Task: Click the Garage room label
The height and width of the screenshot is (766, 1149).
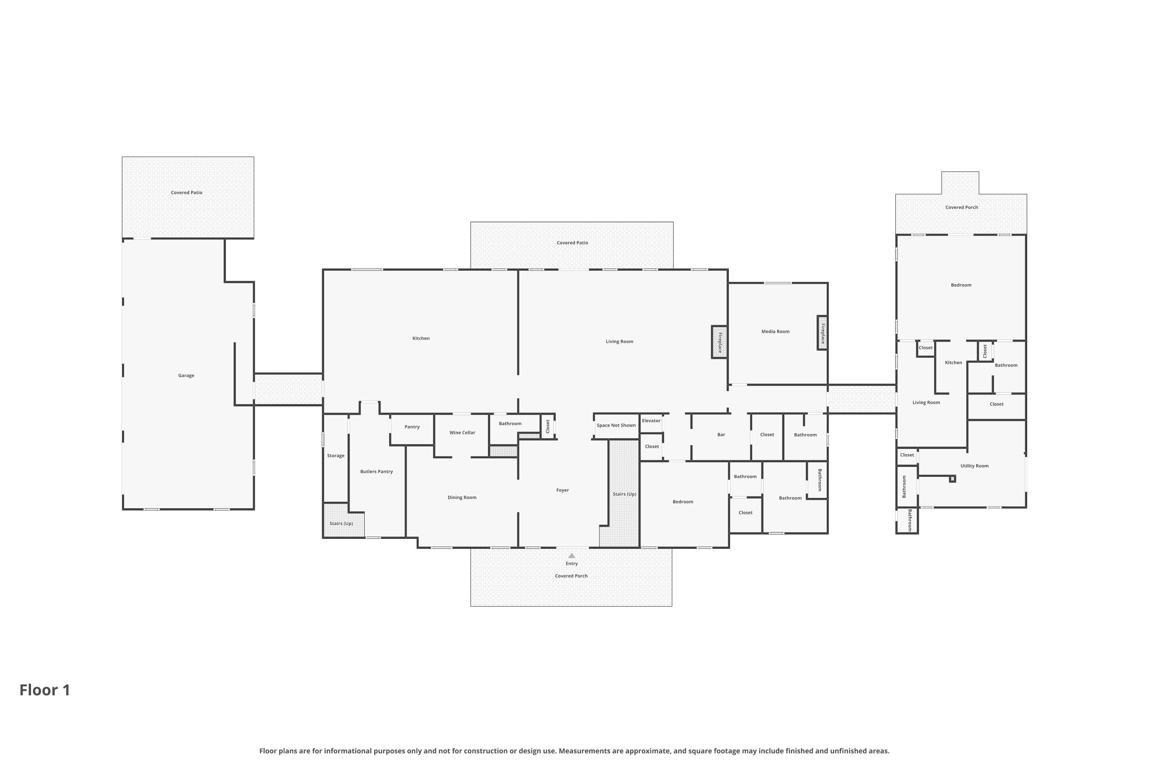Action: pyautogui.click(x=186, y=376)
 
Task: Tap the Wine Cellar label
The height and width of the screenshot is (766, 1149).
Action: pyautogui.click(x=462, y=433)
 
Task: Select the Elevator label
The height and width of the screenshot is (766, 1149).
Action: pyautogui.click(x=651, y=421)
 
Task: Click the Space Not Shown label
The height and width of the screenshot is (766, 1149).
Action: pyautogui.click(x=616, y=426)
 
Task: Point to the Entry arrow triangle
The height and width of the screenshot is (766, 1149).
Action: pyautogui.click(x=571, y=555)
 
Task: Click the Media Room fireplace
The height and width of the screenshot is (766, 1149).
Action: pyautogui.click(x=823, y=333)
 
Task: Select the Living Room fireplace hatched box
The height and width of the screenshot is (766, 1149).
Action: pyautogui.click(x=720, y=342)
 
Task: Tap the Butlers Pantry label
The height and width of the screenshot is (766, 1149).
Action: pyautogui.click(x=376, y=472)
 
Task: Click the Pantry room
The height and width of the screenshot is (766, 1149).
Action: pyautogui.click(x=412, y=427)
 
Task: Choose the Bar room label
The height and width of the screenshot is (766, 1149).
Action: pyautogui.click(x=721, y=435)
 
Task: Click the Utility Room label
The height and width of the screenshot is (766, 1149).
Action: pyautogui.click(x=975, y=466)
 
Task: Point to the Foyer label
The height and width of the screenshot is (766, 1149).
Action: pyautogui.click(x=563, y=491)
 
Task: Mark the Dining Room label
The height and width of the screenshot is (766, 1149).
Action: pyautogui.click(x=462, y=498)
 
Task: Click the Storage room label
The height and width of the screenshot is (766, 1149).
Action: pyautogui.click(x=336, y=456)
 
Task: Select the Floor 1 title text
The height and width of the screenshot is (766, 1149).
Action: pyautogui.click(x=45, y=690)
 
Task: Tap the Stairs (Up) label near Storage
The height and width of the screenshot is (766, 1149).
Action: pyautogui.click(x=341, y=524)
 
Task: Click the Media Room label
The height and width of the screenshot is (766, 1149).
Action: pyautogui.click(x=775, y=332)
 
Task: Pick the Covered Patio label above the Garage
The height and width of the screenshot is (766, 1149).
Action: pyautogui.click(x=187, y=193)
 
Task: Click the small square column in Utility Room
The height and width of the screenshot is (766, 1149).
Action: pyautogui.click(x=952, y=479)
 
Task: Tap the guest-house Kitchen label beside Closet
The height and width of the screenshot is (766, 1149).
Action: pyautogui.click(x=954, y=362)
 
